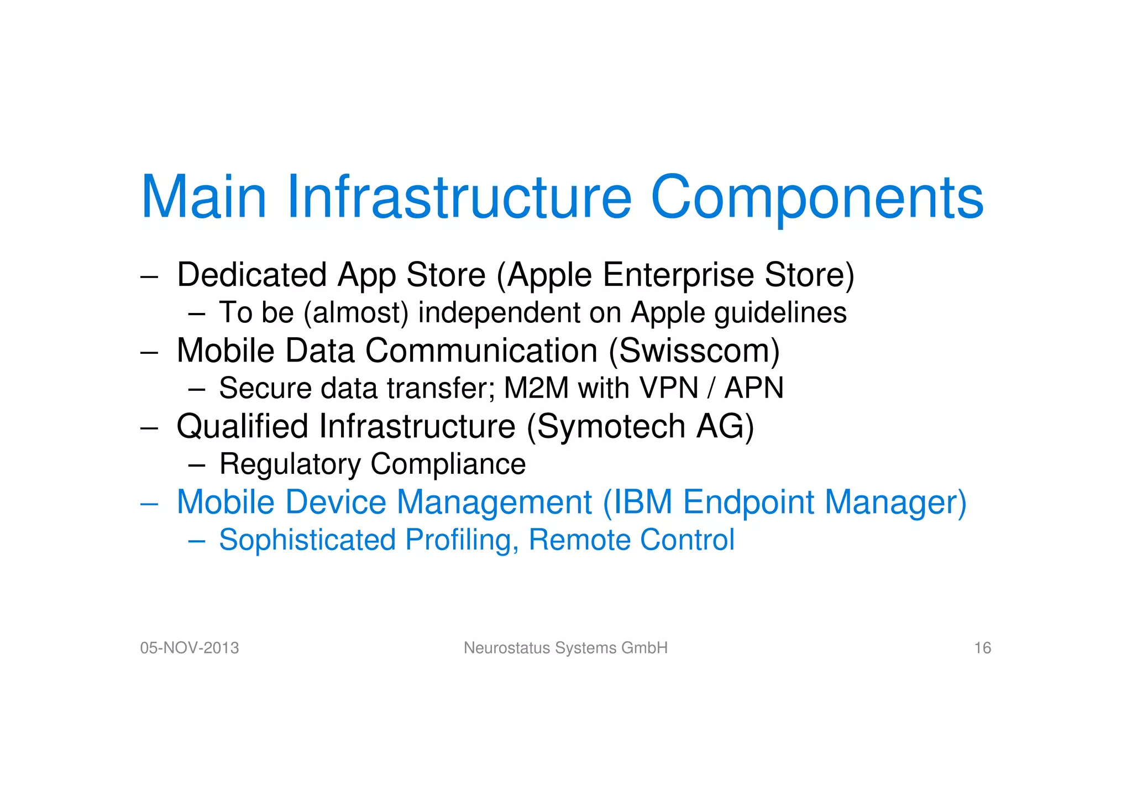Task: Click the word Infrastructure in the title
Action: [x=459, y=197]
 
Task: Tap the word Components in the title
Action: [x=817, y=197]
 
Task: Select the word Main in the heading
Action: [x=204, y=197]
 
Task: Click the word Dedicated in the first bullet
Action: [x=251, y=275]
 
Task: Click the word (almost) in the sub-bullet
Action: [x=356, y=313]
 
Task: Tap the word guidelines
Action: [x=780, y=313]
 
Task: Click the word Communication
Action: [x=481, y=351]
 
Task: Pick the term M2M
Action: [x=536, y=388]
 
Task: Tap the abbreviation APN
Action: [x=754, y=388]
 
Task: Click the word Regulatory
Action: [x=290, y=464]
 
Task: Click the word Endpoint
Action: [x=748, y=502]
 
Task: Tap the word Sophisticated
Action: [x=307, y=540]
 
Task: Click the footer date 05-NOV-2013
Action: [x=190, y=648]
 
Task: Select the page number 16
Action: [x=982, y=648]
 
